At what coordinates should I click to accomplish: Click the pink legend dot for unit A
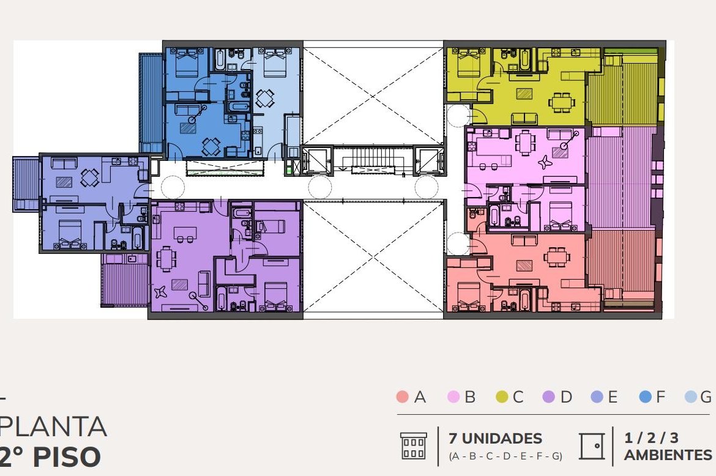[402, 396]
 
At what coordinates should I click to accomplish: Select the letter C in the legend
[518, 397]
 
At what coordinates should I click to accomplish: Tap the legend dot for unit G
[691, 396]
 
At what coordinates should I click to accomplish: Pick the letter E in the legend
[613, 397]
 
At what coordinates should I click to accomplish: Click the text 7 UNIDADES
[495, 439]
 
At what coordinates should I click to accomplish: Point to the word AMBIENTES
[668, 455]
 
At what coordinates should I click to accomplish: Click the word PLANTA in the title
[53, 426]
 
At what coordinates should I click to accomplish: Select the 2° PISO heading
[50, 456]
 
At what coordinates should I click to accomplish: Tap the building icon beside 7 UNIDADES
[413, 446]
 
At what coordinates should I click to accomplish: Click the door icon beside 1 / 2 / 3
[592, 446]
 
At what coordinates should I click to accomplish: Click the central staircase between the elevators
[374, 159]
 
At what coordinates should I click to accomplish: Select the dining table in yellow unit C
[561, 102]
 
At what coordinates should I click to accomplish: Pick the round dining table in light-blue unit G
[266, 98]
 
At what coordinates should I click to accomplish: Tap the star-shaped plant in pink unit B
[545, 162]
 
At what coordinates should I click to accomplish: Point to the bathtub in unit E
[138, 236]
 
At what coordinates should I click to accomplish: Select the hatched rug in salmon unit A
[524, 265]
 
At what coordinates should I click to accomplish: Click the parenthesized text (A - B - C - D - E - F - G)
[505, 456]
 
